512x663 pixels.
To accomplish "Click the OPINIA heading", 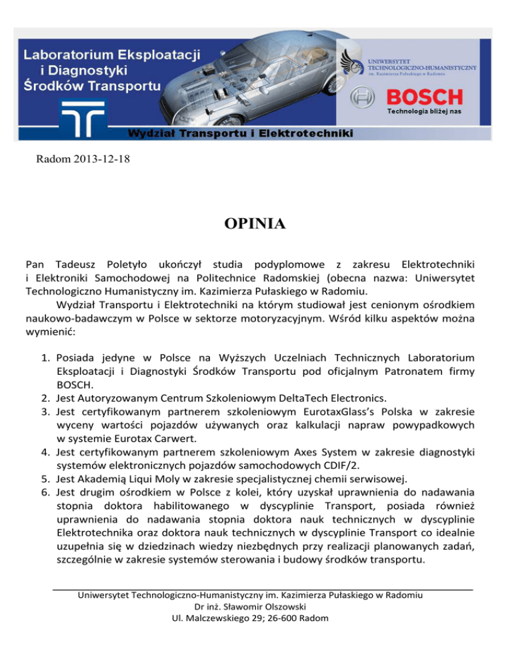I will pos(255,223).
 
